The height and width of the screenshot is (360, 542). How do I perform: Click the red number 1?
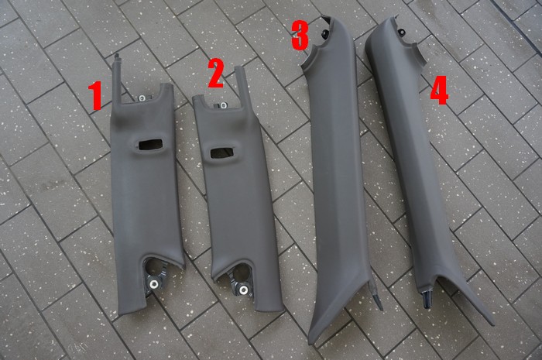(x=95, y=96)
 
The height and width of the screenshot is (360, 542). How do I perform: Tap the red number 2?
(x=216, y=73)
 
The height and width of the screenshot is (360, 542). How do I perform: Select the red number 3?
(x=300, y=35)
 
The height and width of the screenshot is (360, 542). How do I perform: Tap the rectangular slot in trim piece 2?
(x=222, y=152)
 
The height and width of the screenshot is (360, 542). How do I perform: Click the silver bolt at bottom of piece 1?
(x=154, y=284)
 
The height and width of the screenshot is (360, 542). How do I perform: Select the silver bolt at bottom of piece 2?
(x=244, y=290)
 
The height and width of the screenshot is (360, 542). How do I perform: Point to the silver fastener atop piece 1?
(x=142, y=98)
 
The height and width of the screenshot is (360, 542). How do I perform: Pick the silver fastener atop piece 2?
(x=223, y=105)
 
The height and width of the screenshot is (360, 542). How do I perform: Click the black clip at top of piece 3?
(x=325, y=33)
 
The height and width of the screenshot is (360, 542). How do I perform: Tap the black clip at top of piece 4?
(x=401, y=33)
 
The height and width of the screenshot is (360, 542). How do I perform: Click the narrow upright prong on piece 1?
(x=116, y=79)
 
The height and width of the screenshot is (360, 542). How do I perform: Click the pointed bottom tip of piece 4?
(x=492, y=324)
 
